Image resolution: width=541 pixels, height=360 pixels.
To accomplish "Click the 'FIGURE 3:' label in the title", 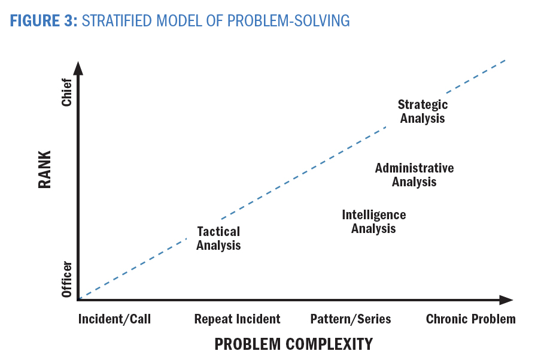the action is (44, 21).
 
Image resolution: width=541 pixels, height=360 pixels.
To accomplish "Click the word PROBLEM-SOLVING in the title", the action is (288, 21).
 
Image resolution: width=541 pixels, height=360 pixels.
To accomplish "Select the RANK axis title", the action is (44, 170).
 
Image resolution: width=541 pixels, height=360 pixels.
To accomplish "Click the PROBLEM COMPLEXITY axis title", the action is (294, 344).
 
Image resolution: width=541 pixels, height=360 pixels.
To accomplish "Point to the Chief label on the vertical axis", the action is (66, 92).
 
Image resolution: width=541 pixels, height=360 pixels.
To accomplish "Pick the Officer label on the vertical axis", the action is (66, 279).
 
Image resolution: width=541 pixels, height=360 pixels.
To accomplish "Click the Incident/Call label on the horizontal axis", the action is (114, 319).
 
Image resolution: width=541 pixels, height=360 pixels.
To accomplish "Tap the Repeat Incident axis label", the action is (238, 319).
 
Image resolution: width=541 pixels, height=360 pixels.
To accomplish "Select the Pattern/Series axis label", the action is (351, 319).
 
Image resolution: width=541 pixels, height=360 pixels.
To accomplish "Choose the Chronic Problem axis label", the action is (471, 319).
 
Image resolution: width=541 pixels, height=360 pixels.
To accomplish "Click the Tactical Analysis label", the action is (218, 238).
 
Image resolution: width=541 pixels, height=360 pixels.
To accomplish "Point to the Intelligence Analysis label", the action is (373, 222).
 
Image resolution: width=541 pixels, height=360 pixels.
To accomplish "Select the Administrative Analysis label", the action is (414, 175).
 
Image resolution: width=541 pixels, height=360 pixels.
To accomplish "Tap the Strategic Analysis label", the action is (423, 111).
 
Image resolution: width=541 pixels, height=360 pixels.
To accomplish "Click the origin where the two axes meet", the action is (78, 300).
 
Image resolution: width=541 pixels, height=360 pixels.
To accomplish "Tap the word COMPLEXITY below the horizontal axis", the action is (330, 344).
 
